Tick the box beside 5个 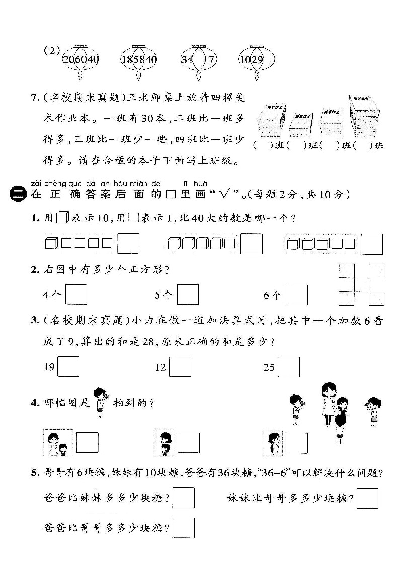click(187, 295)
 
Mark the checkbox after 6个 click(297, 295)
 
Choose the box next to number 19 click(69, 367)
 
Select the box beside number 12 click(180, 367)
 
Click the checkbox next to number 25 click(289, 367)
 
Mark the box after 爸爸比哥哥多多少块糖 click(184, 528)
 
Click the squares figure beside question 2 click(361, 285)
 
